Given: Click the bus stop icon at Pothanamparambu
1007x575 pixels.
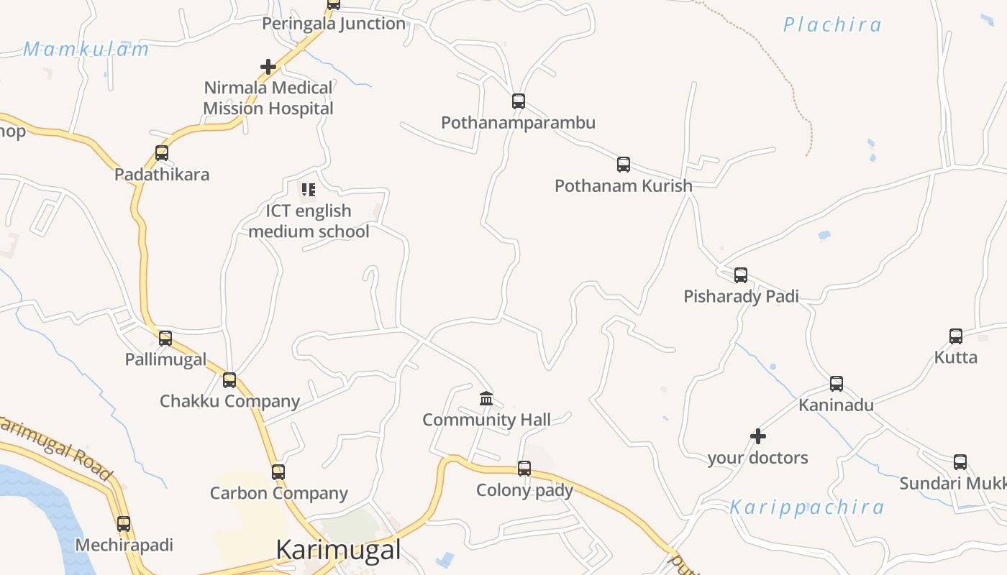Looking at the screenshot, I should (518, 101).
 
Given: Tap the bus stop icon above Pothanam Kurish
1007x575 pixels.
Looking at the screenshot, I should (624, 165).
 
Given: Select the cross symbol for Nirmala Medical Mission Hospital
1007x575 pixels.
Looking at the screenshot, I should (268, 67).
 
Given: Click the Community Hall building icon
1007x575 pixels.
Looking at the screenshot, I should (486, 398).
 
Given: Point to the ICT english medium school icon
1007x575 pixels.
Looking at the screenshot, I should (309, 190).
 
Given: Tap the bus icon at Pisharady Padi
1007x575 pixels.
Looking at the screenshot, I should (741, 275).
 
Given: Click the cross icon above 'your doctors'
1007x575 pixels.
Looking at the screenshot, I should (757, 436).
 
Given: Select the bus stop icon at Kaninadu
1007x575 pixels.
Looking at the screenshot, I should (836, 384).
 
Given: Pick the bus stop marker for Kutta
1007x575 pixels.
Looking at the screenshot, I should (955, 336).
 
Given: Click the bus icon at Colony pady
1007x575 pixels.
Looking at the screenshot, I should (524, 469).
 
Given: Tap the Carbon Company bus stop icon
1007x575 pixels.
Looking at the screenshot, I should (278, 472).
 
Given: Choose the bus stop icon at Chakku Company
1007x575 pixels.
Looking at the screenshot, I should (229, 380).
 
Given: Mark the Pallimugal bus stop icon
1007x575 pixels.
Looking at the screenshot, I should (165, 339).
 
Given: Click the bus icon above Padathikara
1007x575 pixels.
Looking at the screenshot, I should (162, 153).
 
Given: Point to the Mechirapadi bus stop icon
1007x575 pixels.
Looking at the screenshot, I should (124, 524).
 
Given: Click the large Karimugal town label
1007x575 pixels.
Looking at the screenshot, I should (338, 550).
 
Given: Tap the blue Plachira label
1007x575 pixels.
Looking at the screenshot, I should (832, 25).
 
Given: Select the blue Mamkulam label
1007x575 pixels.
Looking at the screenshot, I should (86, 50).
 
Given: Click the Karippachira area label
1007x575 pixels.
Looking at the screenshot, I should (807, 507).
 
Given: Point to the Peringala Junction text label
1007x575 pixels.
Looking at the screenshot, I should (334, 24).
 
